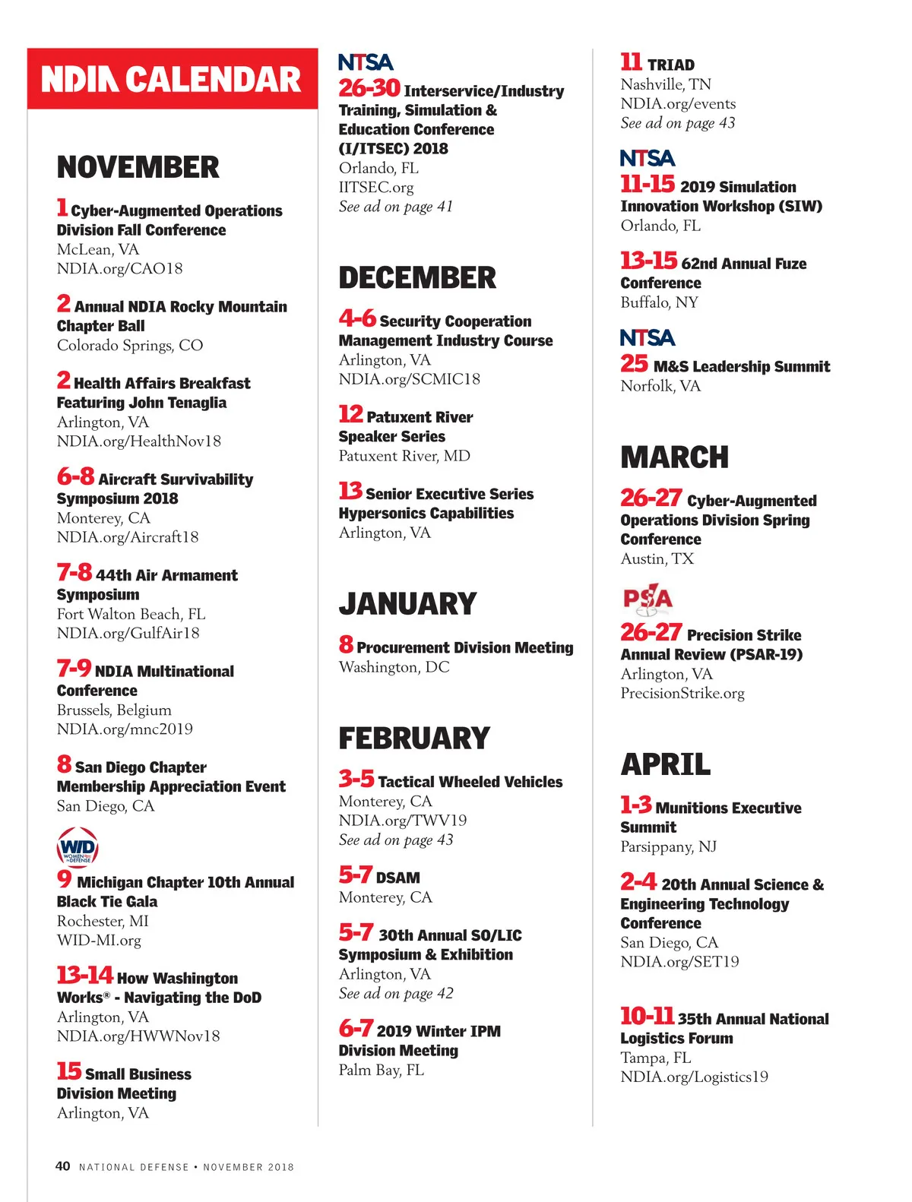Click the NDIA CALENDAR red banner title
172,80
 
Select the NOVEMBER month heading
138,167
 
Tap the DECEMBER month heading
417,278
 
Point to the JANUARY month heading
407,604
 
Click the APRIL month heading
665,764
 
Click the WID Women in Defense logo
77,847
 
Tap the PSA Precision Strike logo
648,599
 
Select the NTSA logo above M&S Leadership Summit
648,337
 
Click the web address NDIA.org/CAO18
119,268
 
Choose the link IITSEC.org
376,187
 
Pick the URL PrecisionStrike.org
682,693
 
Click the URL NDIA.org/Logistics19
694,1077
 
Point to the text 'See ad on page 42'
396,993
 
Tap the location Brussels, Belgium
114,710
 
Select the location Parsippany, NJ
668,846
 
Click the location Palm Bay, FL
382,1070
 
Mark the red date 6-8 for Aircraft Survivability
75,477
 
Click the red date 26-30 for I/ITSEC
369,89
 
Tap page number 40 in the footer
63,1166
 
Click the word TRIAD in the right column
671,65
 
